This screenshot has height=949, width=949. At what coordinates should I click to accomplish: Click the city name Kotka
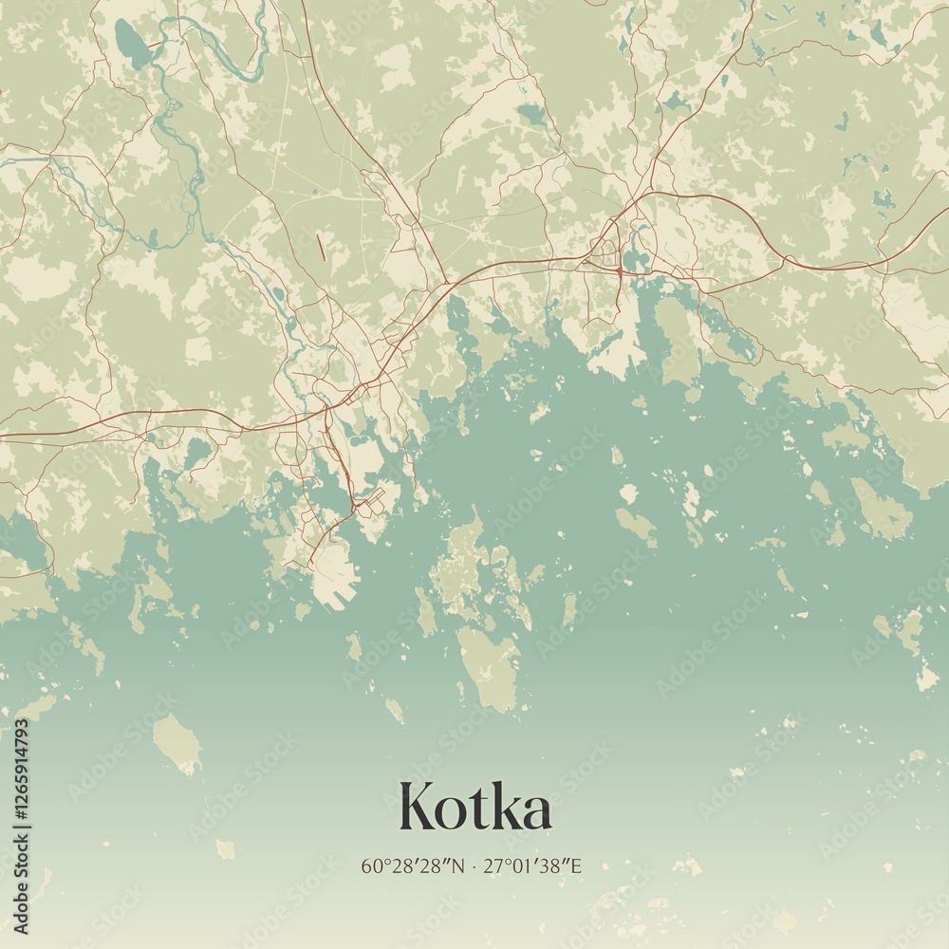tap(475, 808)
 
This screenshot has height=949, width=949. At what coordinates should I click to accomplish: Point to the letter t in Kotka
tap(480, 809)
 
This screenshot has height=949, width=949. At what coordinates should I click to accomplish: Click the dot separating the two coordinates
tap(475, 866)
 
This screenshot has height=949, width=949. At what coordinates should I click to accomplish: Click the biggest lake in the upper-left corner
tap(132, 43)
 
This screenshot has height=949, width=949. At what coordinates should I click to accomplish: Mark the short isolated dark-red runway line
tap(321, 247)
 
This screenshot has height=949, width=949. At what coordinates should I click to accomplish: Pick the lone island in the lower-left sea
tap(177, 743)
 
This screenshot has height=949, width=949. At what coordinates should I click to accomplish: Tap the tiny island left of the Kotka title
tap(226, 848)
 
